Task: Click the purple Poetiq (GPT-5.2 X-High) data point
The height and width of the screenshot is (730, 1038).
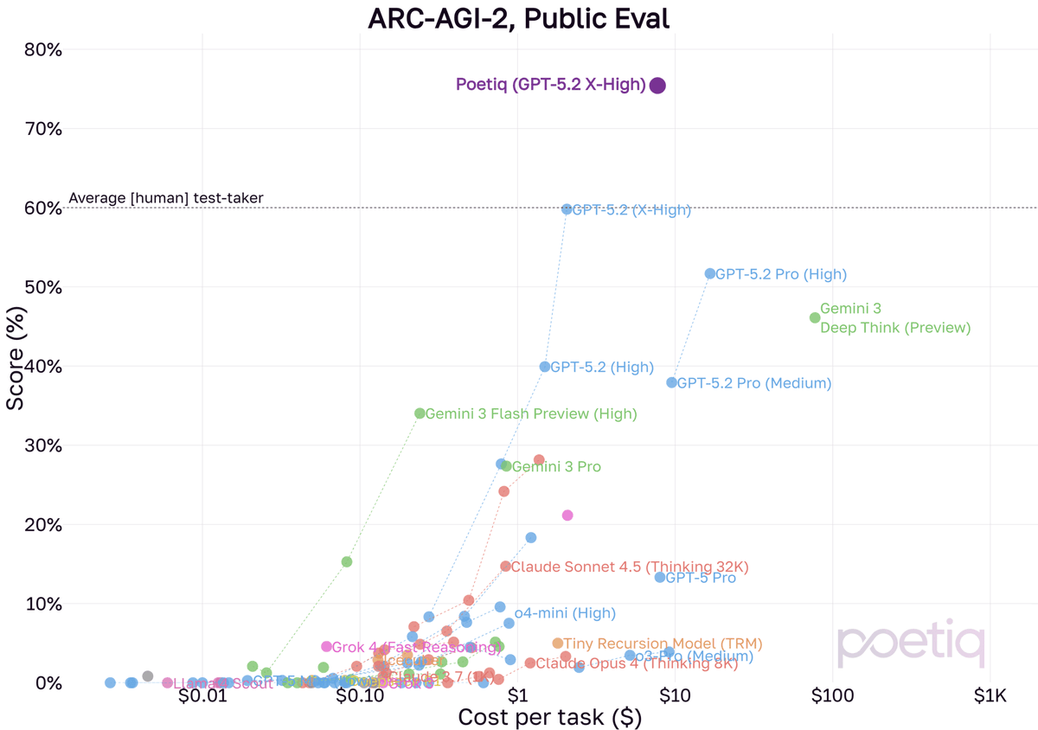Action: (657, 85)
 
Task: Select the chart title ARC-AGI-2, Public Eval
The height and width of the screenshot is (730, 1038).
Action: (519, 17)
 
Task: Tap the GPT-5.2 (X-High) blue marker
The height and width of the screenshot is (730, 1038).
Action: (567, 209)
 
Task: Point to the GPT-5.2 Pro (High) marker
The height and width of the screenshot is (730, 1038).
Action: (710, 273)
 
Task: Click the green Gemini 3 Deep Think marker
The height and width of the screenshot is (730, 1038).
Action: (815, 317)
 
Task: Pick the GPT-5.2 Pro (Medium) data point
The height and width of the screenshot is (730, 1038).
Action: (672, 382)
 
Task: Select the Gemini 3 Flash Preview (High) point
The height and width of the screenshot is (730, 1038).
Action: (420, 413)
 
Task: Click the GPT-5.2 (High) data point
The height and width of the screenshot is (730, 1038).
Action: (545, 367)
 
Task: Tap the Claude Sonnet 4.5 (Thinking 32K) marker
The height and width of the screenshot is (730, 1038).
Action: (505, 567)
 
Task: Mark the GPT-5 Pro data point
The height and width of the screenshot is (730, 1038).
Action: (660, 577)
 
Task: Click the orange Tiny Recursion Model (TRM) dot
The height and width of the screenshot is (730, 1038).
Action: (557, 644)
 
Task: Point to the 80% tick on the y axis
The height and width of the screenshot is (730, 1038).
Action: (42, 49)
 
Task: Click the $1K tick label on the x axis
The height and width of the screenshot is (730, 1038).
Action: (990, 695)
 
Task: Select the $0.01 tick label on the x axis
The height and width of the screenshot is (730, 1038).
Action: (202, 695)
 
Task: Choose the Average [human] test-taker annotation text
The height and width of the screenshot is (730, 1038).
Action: (166, 198)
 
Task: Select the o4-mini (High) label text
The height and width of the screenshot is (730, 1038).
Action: (565, 613)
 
